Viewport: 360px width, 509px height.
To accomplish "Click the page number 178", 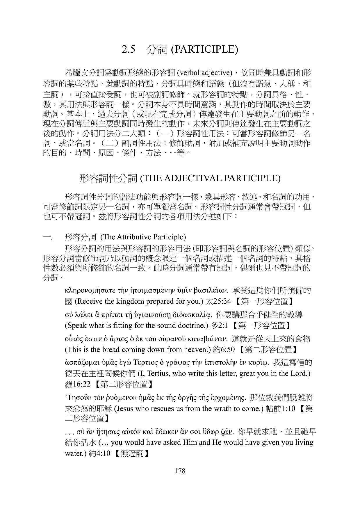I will pyautogui.click(x=180, y=471).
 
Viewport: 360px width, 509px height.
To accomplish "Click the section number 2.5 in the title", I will pyautogui.click(x=129, y=49).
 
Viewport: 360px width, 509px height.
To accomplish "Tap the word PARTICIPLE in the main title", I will pyautogui.click(x=205, y=49).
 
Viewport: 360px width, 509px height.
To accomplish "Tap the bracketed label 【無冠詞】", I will pyautogui.click(x=130, y=453).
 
